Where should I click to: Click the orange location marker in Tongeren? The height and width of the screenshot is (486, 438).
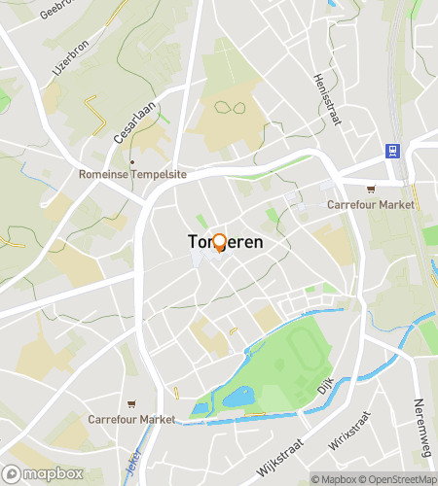[x=219, y=242]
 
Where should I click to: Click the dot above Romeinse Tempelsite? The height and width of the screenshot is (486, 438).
[x=132, y=161]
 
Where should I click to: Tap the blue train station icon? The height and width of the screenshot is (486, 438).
[x=392, y=150]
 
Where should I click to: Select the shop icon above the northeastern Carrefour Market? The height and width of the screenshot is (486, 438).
[x=369, y=191]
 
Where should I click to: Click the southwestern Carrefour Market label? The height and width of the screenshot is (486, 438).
[x=130, y=419]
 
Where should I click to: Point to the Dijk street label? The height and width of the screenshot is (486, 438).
[x=325, y=388]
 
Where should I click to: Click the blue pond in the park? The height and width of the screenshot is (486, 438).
[x=237, y=397]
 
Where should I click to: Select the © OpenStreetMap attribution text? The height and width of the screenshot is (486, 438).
[x=398, y=479]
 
